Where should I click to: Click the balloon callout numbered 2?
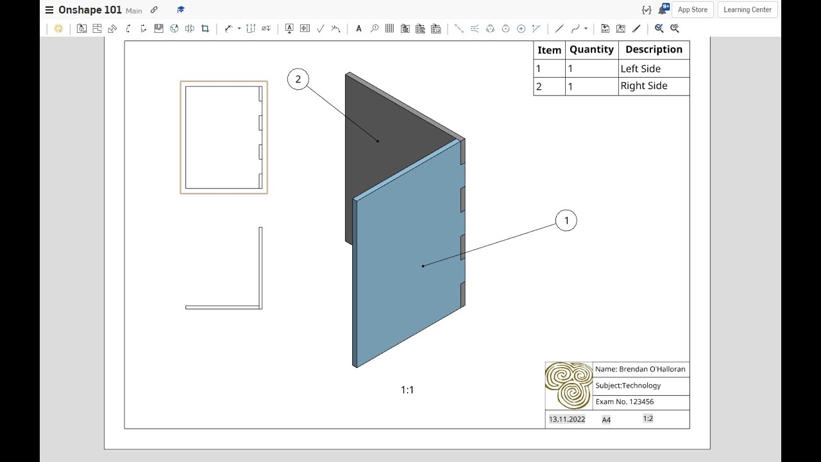point(298,80)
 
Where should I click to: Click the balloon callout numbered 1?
point(566,221)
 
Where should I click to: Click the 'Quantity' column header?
point(591,49)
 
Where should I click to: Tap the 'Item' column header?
point(549,50)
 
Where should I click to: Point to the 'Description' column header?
point(654,49)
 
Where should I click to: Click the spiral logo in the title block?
point(569,386)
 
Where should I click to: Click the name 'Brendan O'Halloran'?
point(640,369)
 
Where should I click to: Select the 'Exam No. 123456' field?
point(625,402)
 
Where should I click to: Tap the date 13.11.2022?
point(567,419)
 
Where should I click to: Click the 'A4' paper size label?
point(606,420)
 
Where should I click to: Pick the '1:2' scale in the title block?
point(648,418)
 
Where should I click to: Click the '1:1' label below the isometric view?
point(407,390)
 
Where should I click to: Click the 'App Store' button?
point(693,10)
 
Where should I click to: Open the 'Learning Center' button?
point(747,10)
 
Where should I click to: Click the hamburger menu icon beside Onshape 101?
point(49,10)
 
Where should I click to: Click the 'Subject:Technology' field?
point(628,386)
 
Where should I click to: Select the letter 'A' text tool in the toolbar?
point(359,28)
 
